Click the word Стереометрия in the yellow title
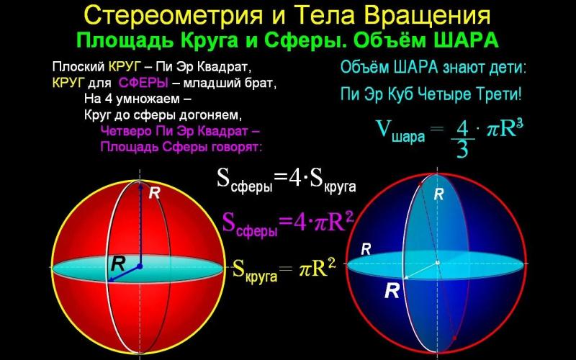pyautogui.click(x=173, y=17)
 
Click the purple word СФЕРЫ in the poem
pyautogui.click(x=143, y=83)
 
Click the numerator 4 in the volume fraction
pyautogui.click(x=462, y=130)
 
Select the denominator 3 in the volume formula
pyautogui.click(x=462, y=149)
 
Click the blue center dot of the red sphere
pyautogui.click(x=140, y=266)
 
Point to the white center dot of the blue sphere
pyautogui.click(x=438, y=262)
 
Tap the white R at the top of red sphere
pyautogui.click(x=154, y=193)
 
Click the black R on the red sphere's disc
pyautogui.click(x=118, y=264)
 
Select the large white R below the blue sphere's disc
pyautogui.click(x=392, y=291)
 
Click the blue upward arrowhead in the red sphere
pyautogui.click(x=140, y=186)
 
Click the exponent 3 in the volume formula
pyautogui.click(x=518, y=123)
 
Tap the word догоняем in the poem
pyautogui.click(x=210, y=115)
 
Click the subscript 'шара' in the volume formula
pyautogui.click(x=408, y=137)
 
